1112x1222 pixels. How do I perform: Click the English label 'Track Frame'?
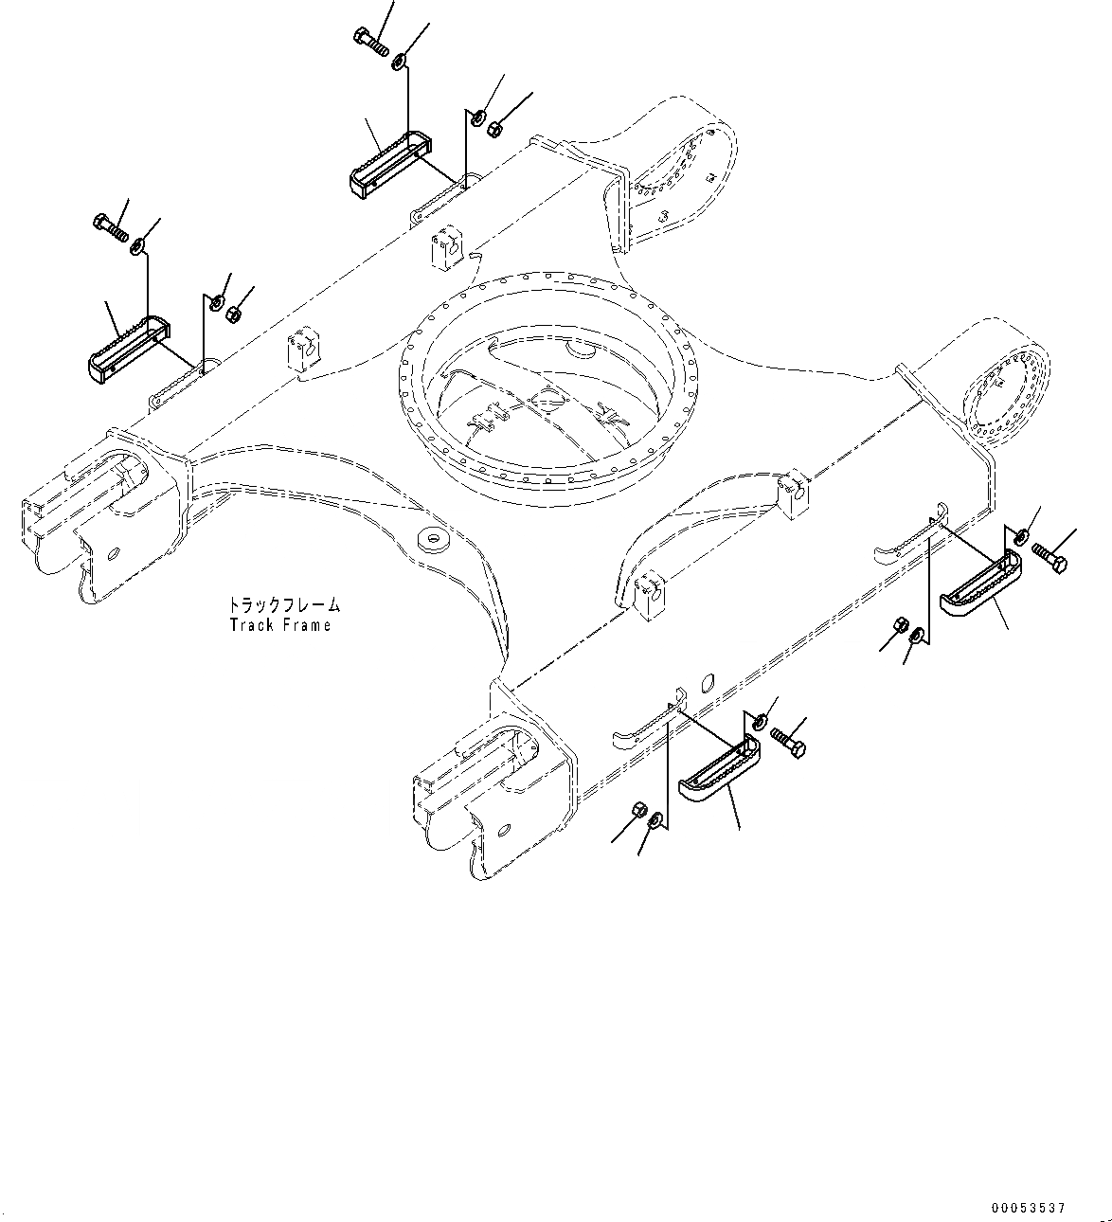click(x=280, y=625)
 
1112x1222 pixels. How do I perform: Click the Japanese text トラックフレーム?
click(x=283, y=604)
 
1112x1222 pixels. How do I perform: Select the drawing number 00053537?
click(x=1030, y=1207)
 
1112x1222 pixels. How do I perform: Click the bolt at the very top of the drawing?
click(x=368, y=40)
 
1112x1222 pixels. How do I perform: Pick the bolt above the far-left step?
click(x=111, y=227)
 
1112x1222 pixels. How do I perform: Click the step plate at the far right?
click(x=981, y=586)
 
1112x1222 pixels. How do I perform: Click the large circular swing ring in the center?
click(x=550, y=379)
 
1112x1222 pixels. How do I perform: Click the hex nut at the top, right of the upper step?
click(x=493, y=127)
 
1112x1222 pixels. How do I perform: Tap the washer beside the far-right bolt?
click(x=1020, y=538)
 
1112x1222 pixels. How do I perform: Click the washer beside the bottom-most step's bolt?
click(x=759, y=723)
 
